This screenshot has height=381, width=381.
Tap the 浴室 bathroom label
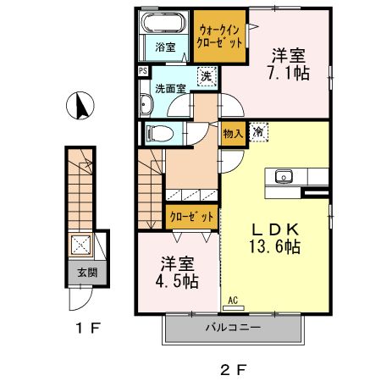point(165,47)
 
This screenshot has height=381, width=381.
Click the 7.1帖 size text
point(290,74)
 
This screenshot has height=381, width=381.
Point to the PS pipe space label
point(143,71)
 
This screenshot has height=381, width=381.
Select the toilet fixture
point(158,132)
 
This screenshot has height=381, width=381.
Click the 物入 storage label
point(232,133)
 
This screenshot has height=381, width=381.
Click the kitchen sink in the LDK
point(283,177)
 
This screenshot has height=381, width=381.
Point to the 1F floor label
point(81,327)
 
